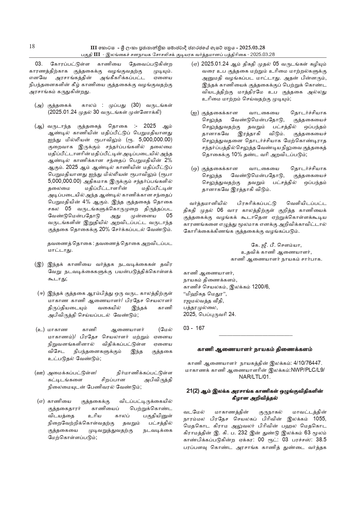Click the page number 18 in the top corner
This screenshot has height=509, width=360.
point(32,46)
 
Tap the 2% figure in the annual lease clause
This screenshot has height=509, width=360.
point(168,160)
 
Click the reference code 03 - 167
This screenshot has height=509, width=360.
point(194,328)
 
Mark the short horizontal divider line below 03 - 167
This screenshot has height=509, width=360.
point(255,335)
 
